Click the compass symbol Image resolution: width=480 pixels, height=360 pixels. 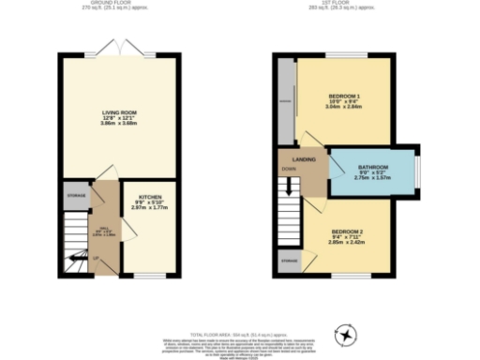coord(347,333)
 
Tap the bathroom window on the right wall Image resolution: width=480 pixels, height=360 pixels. coord(418,171)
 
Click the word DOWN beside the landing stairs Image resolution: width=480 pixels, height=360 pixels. coord(288,170)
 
